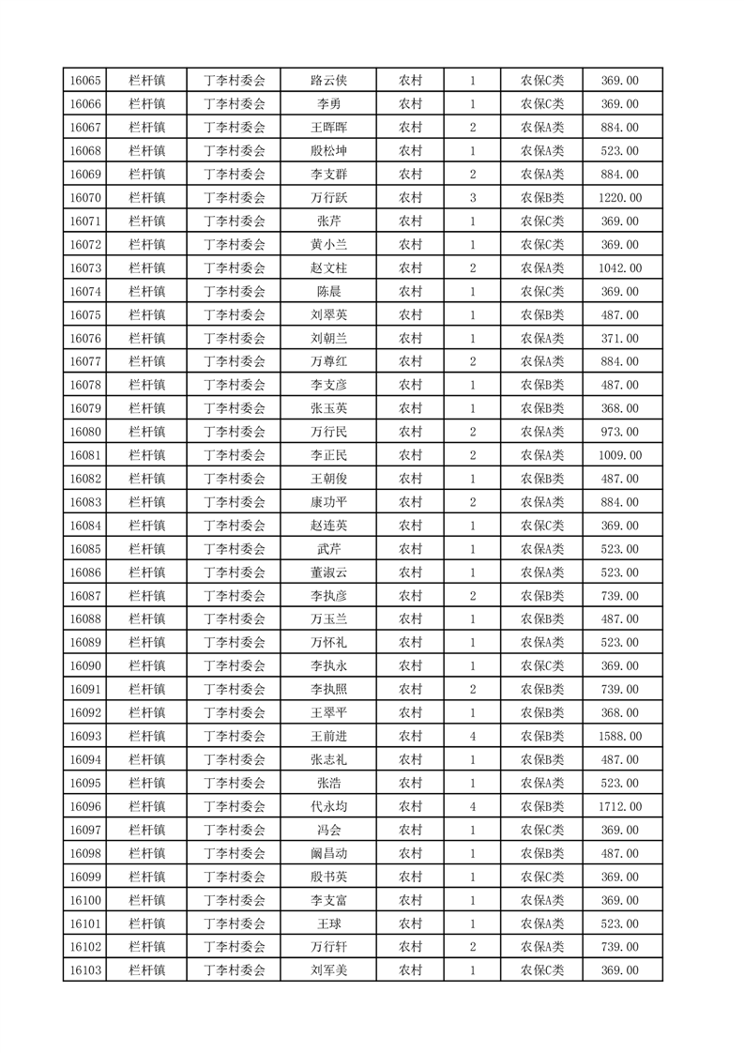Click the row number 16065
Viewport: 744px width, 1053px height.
click(x=85, y=81)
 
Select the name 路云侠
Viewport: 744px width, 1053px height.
click(x=328, y=81)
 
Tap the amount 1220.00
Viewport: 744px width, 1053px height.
click(x=620, y=198)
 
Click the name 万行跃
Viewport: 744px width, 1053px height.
click(x=328, y=198)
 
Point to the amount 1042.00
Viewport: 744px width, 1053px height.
click(x=620, y=268)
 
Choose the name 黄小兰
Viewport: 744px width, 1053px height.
click(x=328, y=245)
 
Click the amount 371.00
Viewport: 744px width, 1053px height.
click(x=620, y=338)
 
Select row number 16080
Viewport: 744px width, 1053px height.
click(x=85, y=432)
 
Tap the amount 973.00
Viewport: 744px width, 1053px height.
click(x=620, y=432)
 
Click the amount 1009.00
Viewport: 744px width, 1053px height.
click(x=620, y=455)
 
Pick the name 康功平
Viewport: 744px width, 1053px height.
click(x=328, y=502)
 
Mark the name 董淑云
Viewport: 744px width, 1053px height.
click(x=328, y=572)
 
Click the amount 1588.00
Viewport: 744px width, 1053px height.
click(x=620, y=736)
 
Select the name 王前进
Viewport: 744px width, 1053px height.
click(x=328, y=736)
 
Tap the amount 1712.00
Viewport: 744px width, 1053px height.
click(x=620, y=806)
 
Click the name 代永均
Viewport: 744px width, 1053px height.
click(x=328, y=806)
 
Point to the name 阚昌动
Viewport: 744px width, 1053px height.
click(x=328, y=853)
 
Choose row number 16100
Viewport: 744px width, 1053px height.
click(x=85, y=900)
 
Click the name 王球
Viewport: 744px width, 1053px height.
click(x=328, y=923)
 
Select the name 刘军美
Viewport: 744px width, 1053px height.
click(x=328, y=970)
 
